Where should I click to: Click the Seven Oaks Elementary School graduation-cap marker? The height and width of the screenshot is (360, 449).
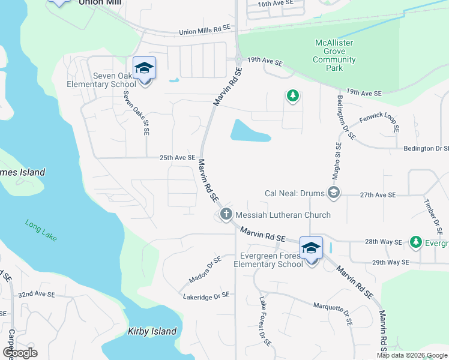coord(144,68)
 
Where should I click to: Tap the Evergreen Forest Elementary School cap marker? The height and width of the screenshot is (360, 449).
coord(311,248)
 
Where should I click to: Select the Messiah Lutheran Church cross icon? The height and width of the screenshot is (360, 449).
coord(226,214)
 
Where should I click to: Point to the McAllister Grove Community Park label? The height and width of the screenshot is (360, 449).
coord(334,55)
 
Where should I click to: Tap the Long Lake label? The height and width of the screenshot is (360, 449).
coord(41,230)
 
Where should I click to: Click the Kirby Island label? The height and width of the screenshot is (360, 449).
coord(152,331)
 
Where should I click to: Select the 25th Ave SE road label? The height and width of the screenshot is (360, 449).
coord(177,158)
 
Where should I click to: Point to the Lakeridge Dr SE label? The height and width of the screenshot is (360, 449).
coord(207,295)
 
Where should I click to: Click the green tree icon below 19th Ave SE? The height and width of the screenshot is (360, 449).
coord(292,96)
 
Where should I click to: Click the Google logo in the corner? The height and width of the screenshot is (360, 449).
coord(19,352)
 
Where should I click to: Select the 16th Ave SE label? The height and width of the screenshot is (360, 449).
coord(276,4)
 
